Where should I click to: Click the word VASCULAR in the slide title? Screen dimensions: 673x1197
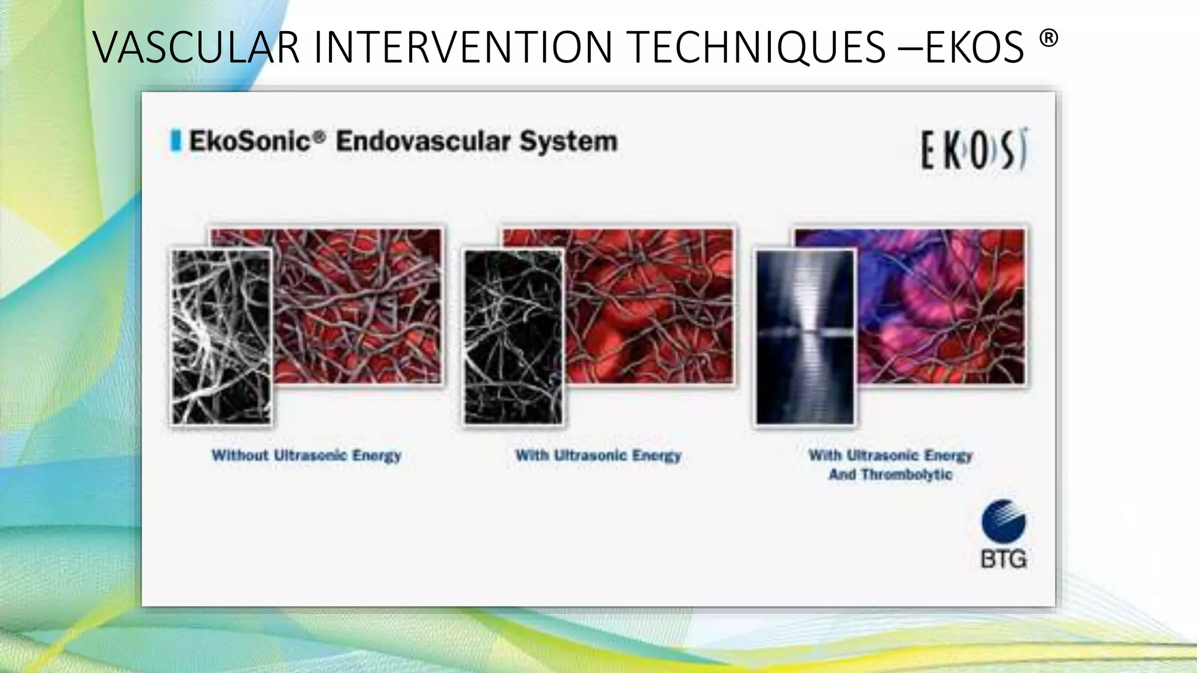point(196,47)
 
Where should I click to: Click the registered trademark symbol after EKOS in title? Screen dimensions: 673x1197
point(1049,39)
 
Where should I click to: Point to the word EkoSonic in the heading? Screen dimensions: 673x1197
point(250,141)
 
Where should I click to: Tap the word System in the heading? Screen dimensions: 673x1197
point(568,141)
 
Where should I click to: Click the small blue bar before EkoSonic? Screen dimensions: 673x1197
point(175,141)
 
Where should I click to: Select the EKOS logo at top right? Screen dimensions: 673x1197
point(974,150)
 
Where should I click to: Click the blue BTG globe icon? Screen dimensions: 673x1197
point(1004,521)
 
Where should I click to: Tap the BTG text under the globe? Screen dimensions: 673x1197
point(1004,560)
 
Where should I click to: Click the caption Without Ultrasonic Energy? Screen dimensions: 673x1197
point(306,455)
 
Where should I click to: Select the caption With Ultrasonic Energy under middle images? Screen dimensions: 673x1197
point(598,455)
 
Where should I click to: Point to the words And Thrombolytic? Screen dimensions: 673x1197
point(890,474)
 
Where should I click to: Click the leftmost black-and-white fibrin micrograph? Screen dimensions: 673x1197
point(222,337)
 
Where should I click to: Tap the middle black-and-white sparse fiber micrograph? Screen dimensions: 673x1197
point(513,337)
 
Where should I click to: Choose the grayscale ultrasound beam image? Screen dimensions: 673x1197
point(805,337)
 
